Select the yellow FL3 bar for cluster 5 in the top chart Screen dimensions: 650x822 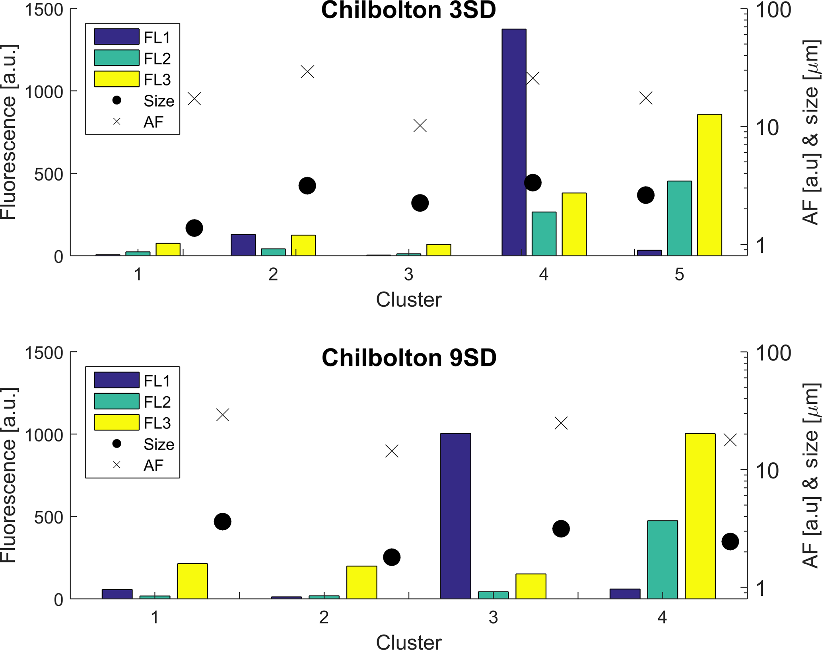709,185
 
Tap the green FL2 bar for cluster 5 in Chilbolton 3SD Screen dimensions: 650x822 679,218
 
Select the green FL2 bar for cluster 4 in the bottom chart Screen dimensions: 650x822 662,560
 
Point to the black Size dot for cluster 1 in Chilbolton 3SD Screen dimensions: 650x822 194,228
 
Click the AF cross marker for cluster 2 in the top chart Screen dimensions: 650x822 307,72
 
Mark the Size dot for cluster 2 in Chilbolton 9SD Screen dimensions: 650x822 392,557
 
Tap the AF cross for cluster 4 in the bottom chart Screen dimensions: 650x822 730,440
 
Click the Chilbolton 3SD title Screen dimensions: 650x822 408,10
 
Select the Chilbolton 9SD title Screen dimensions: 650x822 409,358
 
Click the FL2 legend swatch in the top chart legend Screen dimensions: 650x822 117,58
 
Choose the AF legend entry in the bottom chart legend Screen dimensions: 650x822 153,465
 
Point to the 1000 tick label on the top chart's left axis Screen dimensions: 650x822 44,92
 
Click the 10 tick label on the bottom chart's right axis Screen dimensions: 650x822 767,471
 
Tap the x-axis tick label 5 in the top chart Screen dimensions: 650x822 679,274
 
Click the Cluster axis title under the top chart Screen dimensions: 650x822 408,300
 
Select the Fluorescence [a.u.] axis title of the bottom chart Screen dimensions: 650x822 9,475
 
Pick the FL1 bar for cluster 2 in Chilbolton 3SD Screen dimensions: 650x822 243,245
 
